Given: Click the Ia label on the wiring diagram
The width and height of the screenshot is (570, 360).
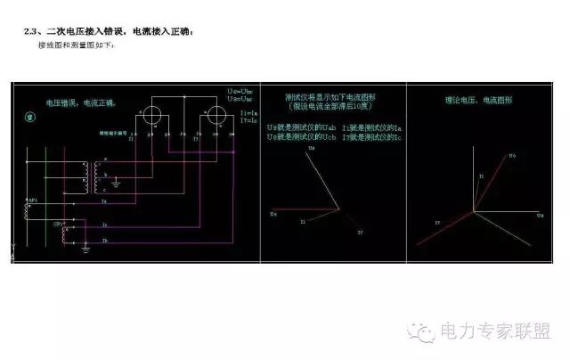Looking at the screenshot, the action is coord(105,202).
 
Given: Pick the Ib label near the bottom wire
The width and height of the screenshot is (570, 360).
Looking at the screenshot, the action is coord(105,241).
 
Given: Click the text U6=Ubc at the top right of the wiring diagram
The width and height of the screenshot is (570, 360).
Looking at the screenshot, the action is coord(241,92).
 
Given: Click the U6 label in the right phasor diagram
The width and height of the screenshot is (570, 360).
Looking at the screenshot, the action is coord(512,156).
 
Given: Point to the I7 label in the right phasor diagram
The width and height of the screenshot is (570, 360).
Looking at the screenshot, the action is coord(437,222).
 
